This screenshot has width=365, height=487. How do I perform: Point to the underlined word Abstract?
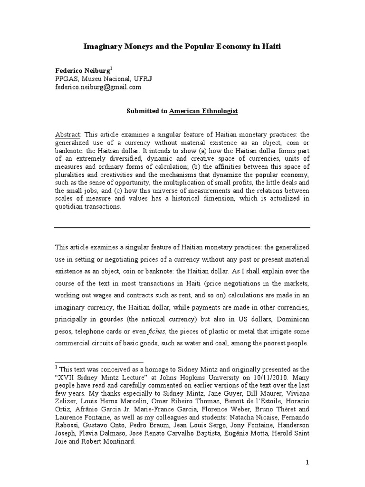click(x=68, y=135)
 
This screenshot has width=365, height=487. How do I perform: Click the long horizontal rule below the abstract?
click(x=182, y=227)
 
